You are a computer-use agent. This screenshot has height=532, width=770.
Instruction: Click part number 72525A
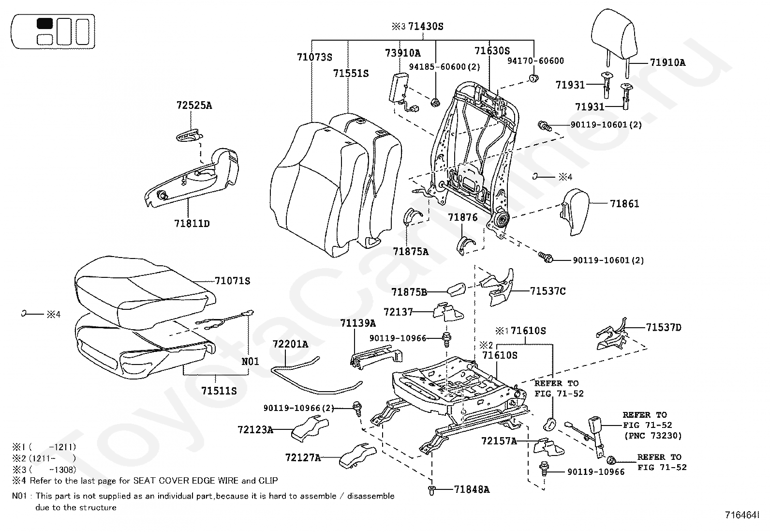[x=194, y=105]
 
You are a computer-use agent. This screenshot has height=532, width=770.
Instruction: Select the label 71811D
[x=192, y=224]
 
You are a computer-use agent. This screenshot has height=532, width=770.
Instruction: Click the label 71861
[x=624, y=204]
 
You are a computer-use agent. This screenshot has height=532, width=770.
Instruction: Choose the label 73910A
[x=402, y=53]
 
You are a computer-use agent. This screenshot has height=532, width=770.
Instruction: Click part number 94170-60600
[x=535, y=61]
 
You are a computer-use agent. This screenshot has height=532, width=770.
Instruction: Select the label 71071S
[x=232, y=281]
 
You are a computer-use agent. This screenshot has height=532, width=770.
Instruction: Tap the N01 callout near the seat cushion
[x=250, y=361]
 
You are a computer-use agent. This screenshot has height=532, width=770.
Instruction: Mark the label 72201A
[x=290, y=344]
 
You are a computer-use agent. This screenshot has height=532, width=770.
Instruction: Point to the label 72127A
[x=303, y=457]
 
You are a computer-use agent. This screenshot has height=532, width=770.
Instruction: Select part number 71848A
[x=472, y=489]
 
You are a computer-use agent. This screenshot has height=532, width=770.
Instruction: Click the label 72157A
[x=499, y=441]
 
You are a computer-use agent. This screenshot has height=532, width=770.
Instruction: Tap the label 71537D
[x=663, y=327]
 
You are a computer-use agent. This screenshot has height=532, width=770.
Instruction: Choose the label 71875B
[x=409, y=292]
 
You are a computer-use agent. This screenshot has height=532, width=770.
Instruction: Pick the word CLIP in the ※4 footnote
[x=268, y=481]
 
